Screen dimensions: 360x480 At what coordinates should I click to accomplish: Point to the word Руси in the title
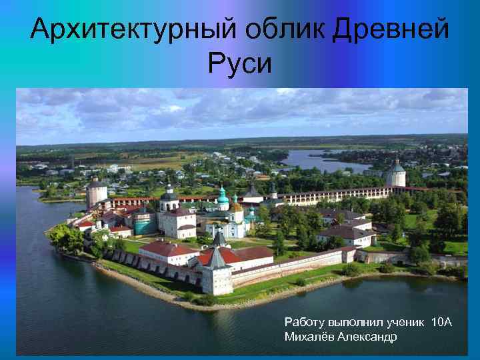(x=239, y=64)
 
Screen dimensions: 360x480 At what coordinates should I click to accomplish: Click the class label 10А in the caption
(x=441, y=323)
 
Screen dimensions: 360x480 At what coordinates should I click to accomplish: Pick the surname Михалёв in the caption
(x=309, y=337)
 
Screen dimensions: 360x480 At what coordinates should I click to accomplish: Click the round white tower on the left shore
(x=97, y=193)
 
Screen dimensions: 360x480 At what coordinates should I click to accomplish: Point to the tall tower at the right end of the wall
(x=396, y=175)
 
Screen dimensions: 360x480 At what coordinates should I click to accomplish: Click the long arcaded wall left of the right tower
(x=333, y=195)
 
